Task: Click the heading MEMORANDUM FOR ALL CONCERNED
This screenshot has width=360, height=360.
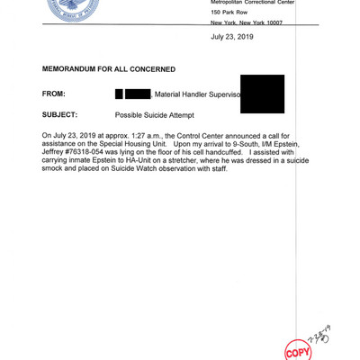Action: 109,69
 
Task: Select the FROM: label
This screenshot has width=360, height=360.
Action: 54,94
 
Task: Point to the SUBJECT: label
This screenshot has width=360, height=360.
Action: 60,115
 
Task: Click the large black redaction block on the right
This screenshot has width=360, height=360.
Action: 263,94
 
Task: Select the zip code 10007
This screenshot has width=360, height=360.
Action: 281,22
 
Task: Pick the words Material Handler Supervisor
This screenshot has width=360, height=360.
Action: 197,94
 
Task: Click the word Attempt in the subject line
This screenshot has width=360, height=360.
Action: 204,115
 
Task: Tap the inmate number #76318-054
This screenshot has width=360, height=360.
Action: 92,152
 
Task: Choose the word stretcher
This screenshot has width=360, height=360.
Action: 198,161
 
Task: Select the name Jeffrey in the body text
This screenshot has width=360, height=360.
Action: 55,152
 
